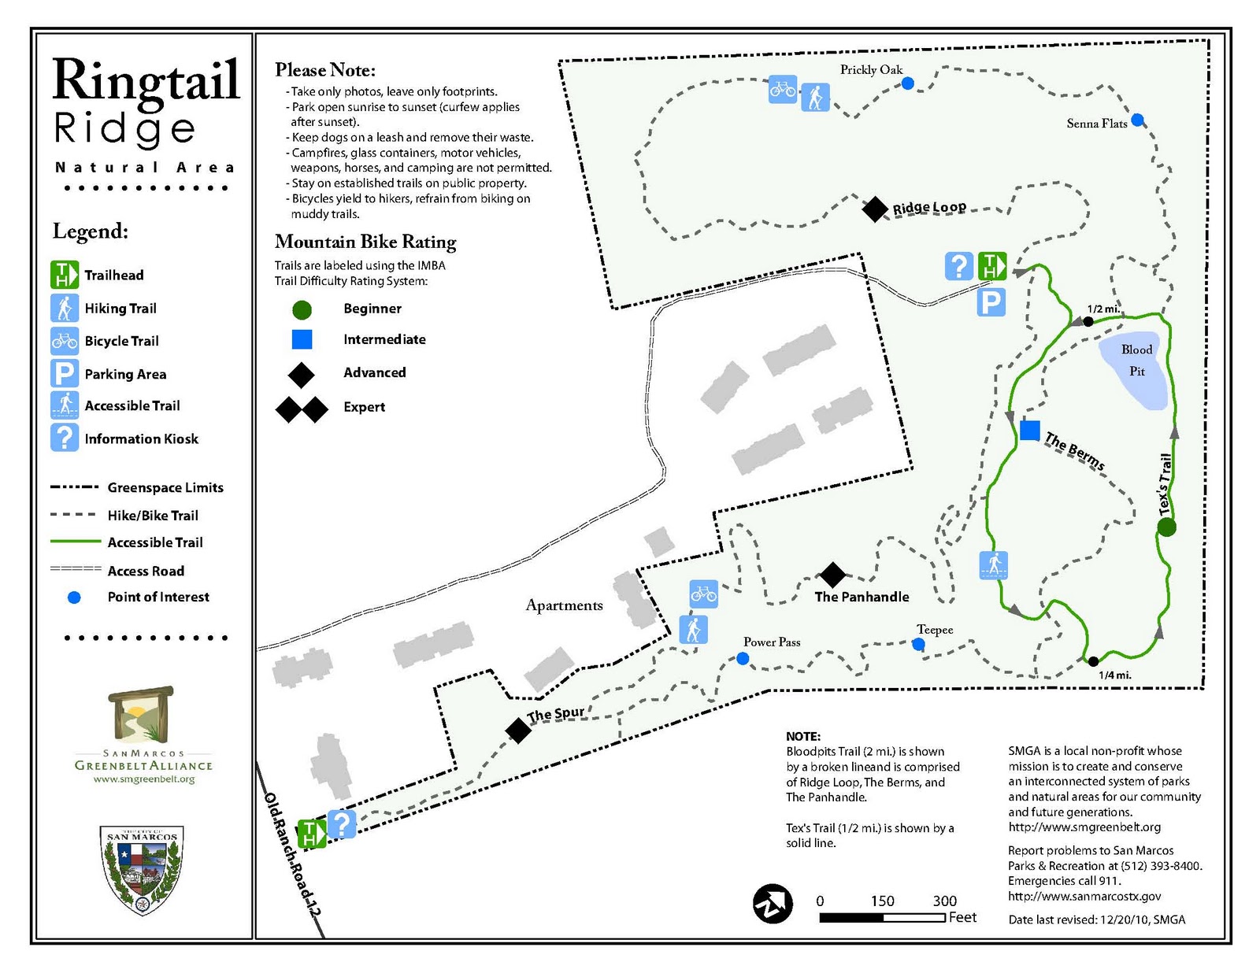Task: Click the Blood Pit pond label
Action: click(x=1136, y=360)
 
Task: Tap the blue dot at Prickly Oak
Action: click(x=907, y=83)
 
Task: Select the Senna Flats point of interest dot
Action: click(x=1137, y=120)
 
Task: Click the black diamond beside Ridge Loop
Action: click(x=874, y=209)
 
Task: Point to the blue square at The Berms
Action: click(x=1029, y=430)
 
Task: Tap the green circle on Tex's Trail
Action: click(x=1167, y=527)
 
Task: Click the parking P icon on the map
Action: click(x=991, y=302)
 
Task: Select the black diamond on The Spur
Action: click(x=518, y=731)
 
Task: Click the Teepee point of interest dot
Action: click(x=918, y=644)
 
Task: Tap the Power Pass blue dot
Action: click(x=743, y=658)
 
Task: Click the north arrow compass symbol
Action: click(x=773, y=903)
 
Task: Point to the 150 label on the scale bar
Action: click(x=882, y=901)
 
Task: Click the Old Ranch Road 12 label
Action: click(x=292, y=854)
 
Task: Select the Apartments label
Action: click(x=564, y=605)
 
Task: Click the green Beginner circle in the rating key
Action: click(x=302, y=309)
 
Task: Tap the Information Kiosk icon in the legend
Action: click(x=64, y=438)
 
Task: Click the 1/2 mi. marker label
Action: click(x=1103, y=309)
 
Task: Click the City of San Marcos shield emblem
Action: click(x=143, y=869)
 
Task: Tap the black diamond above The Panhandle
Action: click(x=832, y=575)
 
